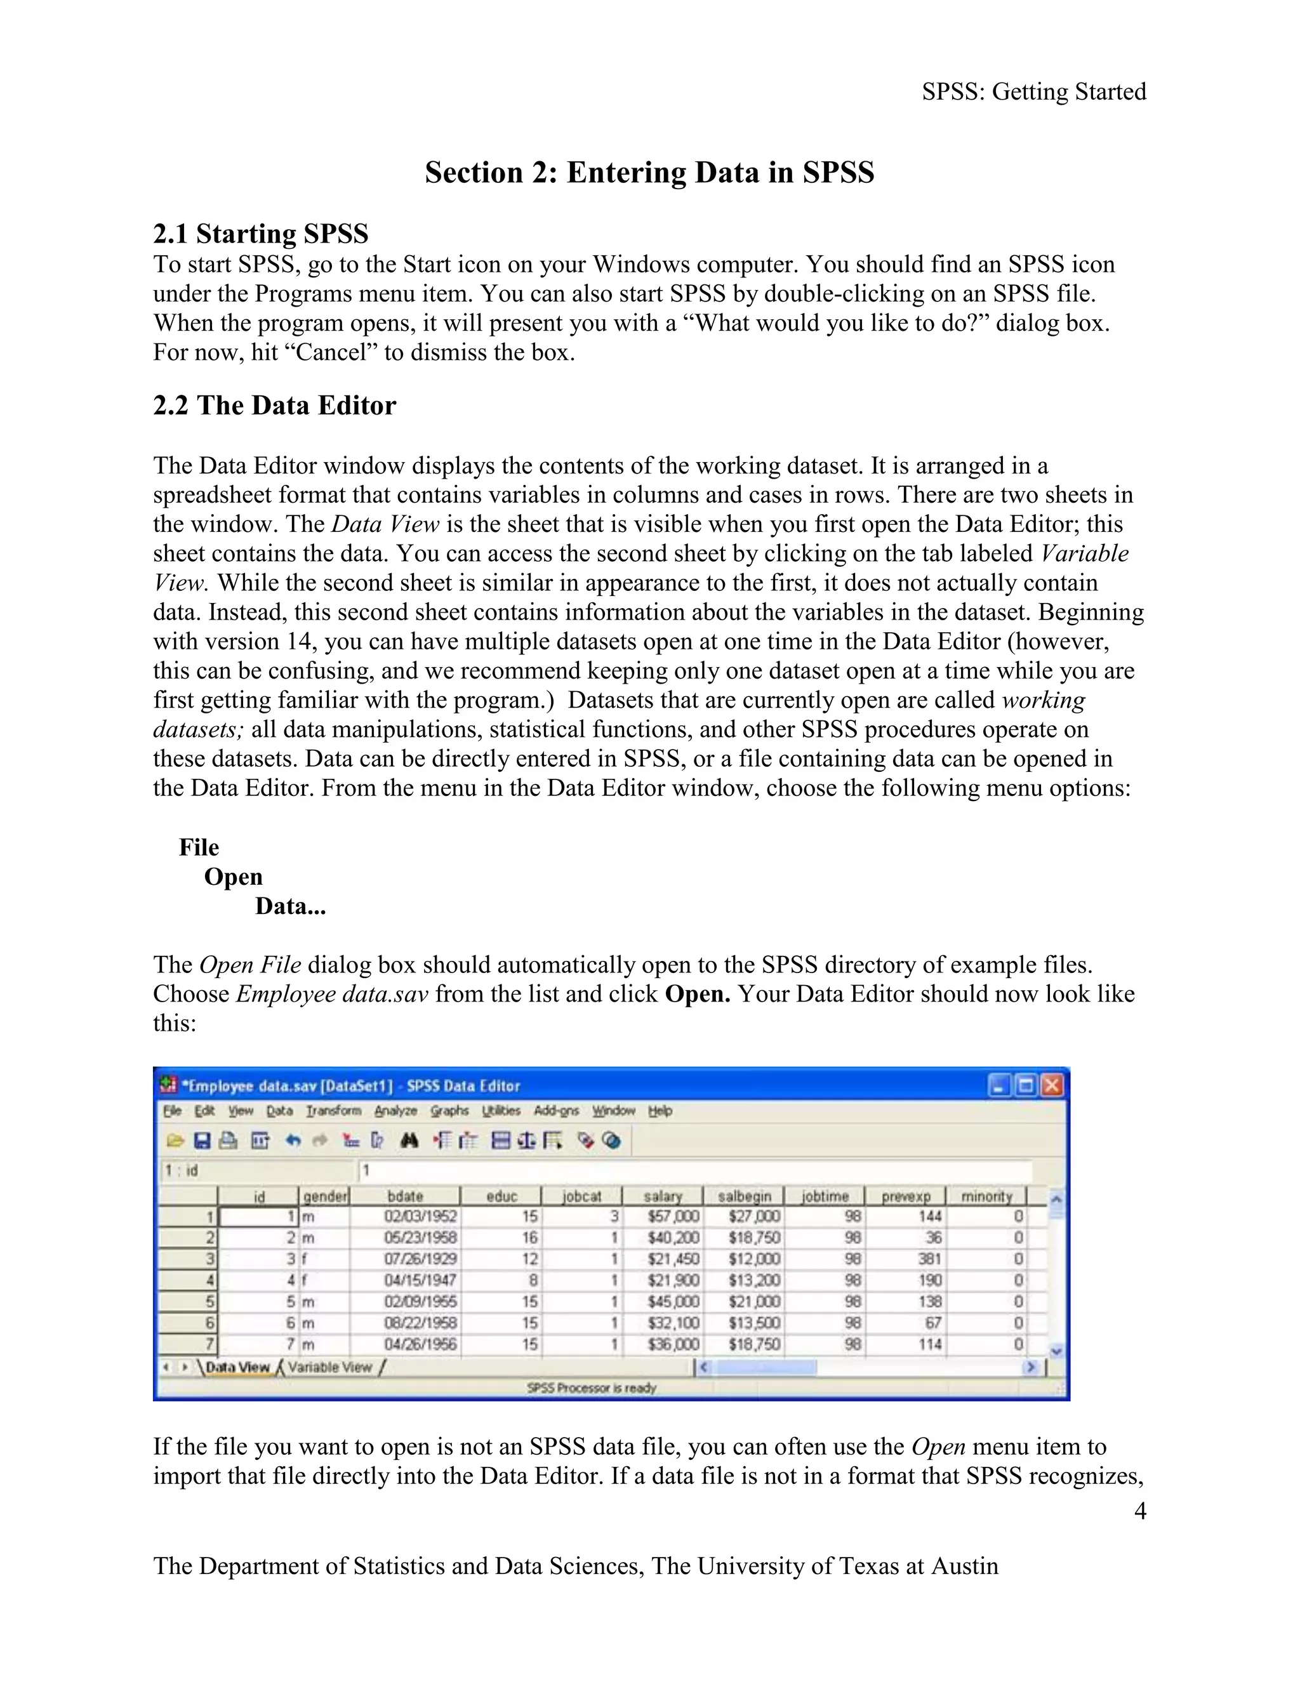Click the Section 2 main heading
pyautogui.click(x=649, y=173)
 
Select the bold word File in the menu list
pyautogui.click(x=199, y=847)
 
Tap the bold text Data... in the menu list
pyautogui.click(x=290, y=906)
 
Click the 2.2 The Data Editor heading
pyautogui.click(x=274, y=405)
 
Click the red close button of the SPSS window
pyautogui.click(x=1051, y=1085)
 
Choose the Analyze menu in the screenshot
pyautogui.click(x=395, y=1111)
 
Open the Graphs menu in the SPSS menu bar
pyautogui.click(x=449, y=1111)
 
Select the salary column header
pyautogui.click(x=662, y=1196)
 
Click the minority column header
pyautogui.click(x=986, y=1196)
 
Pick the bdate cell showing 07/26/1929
pyautogui.click(x=420, y=1259)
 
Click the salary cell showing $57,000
pyautogui.click(x=672, y=1216)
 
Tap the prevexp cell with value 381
pyautogui.click(x=929, y=1259)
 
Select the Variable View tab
pyautogui.click(x=329, y=1367)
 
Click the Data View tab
pyautogui.click(x=237, y=1367)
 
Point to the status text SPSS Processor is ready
pyautogui.click(x=592, y=1387)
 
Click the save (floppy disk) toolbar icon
pyautogui.click(x=202, y=1141)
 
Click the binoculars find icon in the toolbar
pyautogui.click(x=409, y=1141)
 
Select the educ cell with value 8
pyautogui.click(x=532, y=1280)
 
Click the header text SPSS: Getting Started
pyautogui.click(x=1033, y=91)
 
